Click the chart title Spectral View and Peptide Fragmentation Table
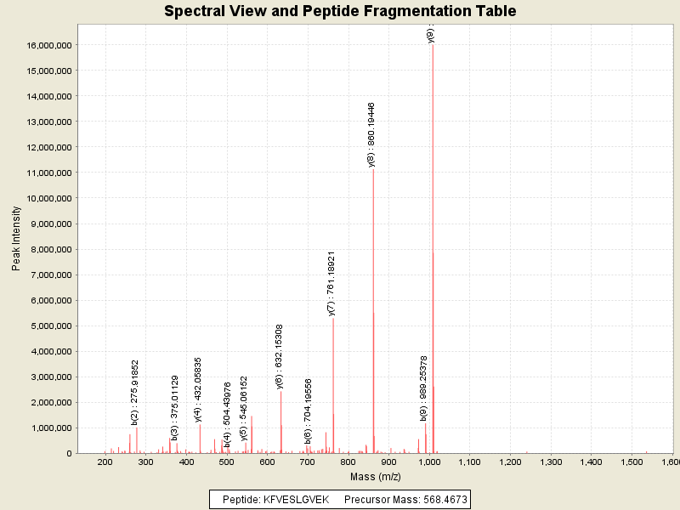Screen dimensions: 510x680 (340, 11)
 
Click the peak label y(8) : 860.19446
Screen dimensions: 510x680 (371, 134)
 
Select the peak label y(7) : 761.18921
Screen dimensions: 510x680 (331, 283)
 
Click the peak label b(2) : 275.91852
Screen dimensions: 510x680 (135, 392)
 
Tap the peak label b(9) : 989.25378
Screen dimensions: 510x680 (423, 388)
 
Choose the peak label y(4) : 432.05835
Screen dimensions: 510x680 (198, 389)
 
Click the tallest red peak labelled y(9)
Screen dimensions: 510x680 (433, 255)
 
